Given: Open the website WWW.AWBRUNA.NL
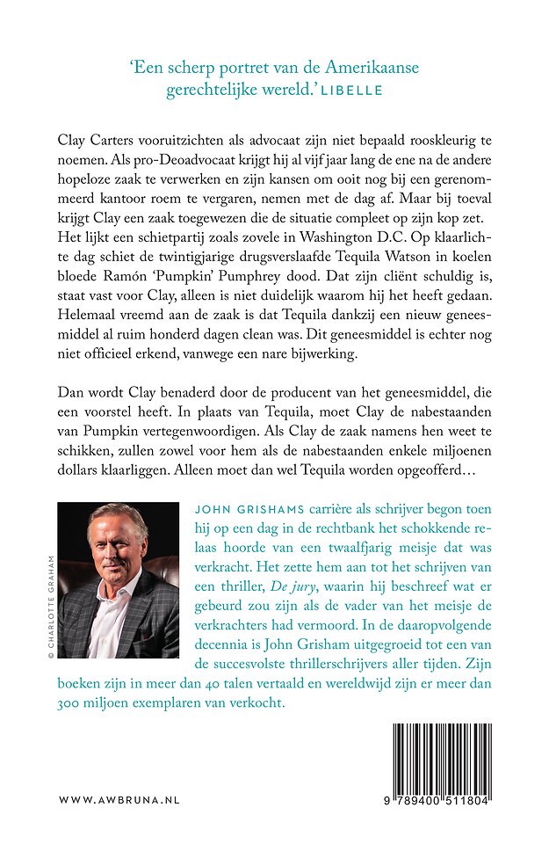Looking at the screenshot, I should point(119,801).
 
